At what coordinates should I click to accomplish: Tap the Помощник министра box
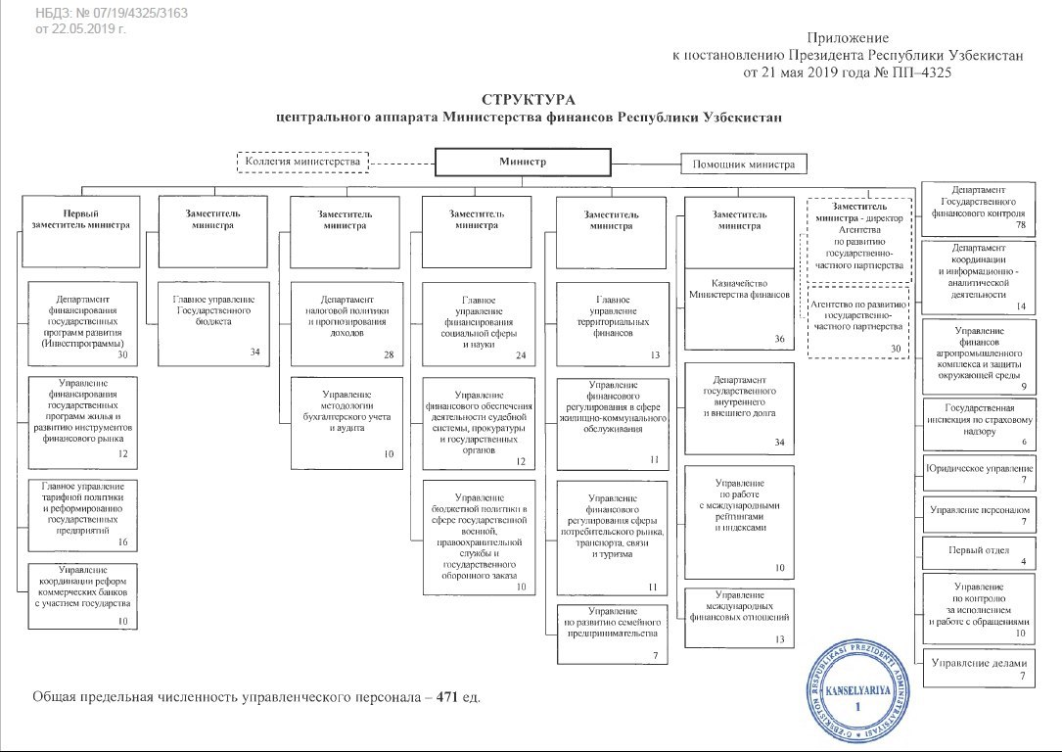point(744,164)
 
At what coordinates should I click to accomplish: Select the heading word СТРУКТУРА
point(530,100)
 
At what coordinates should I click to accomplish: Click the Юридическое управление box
point(979,472)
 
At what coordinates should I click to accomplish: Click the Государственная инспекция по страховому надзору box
point(979,423)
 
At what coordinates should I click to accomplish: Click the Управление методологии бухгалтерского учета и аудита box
point(346,419)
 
